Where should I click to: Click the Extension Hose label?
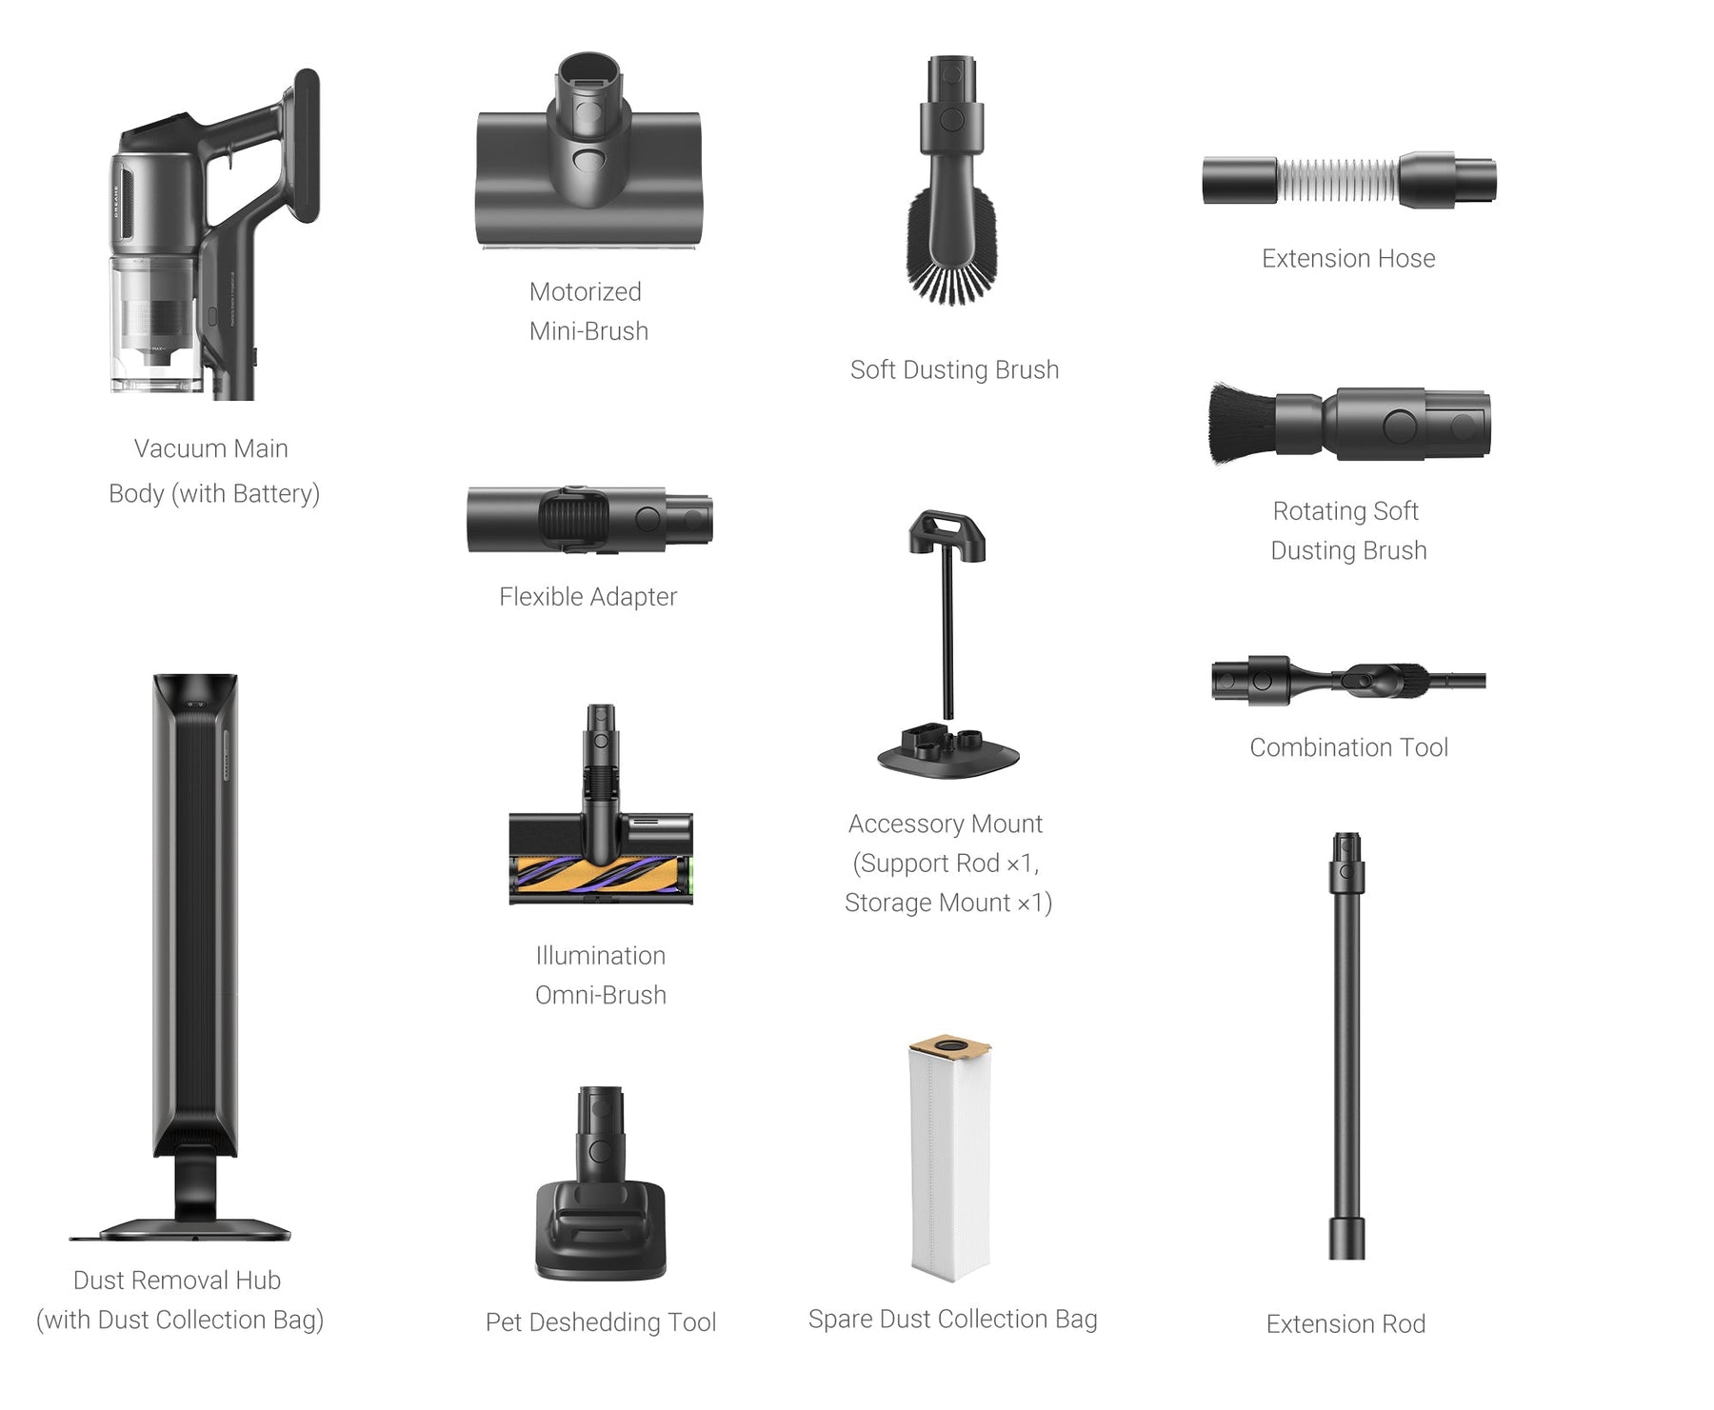coord(1348,258)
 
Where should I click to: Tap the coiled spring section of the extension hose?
coord(1338,181)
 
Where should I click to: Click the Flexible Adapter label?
coord(588,597)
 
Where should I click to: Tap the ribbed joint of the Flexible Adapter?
coord(573,520)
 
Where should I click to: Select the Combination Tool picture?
coord(1348,680)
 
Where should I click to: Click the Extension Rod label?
coord(1345,1324)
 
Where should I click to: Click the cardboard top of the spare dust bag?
coord(949,1048)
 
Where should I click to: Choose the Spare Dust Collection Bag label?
coord(952,1320)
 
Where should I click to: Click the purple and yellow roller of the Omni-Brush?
coord(600,878)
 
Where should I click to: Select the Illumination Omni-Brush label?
coord(601,975)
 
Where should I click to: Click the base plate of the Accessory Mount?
coord(948,751)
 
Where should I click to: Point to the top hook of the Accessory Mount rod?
coord(947,534)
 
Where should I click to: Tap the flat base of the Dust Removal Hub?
coord(180,1230)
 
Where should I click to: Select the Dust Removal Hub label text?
coord(180,1301)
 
